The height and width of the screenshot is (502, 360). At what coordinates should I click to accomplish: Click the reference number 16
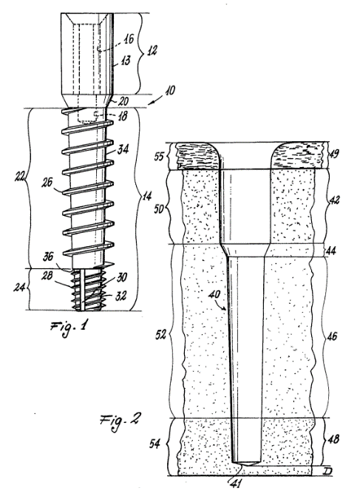129,39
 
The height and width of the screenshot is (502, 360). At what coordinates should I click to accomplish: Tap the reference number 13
126,60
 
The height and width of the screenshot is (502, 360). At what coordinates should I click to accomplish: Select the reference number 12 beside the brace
152,50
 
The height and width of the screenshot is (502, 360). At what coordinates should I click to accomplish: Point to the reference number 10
170,90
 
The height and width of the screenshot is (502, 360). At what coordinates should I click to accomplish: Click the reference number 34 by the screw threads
123,149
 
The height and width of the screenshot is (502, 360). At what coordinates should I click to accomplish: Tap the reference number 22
20,177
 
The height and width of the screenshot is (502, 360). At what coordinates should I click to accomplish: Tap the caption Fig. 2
120,421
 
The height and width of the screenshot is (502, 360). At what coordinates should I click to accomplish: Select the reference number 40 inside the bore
214,294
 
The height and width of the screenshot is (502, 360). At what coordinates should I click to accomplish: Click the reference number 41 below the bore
237,483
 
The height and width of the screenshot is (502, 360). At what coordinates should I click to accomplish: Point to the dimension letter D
327,471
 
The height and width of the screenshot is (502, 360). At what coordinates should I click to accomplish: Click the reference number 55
160,157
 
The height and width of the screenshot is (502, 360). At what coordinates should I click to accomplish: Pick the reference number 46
333,336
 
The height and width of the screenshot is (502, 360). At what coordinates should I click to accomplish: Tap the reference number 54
154,444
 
